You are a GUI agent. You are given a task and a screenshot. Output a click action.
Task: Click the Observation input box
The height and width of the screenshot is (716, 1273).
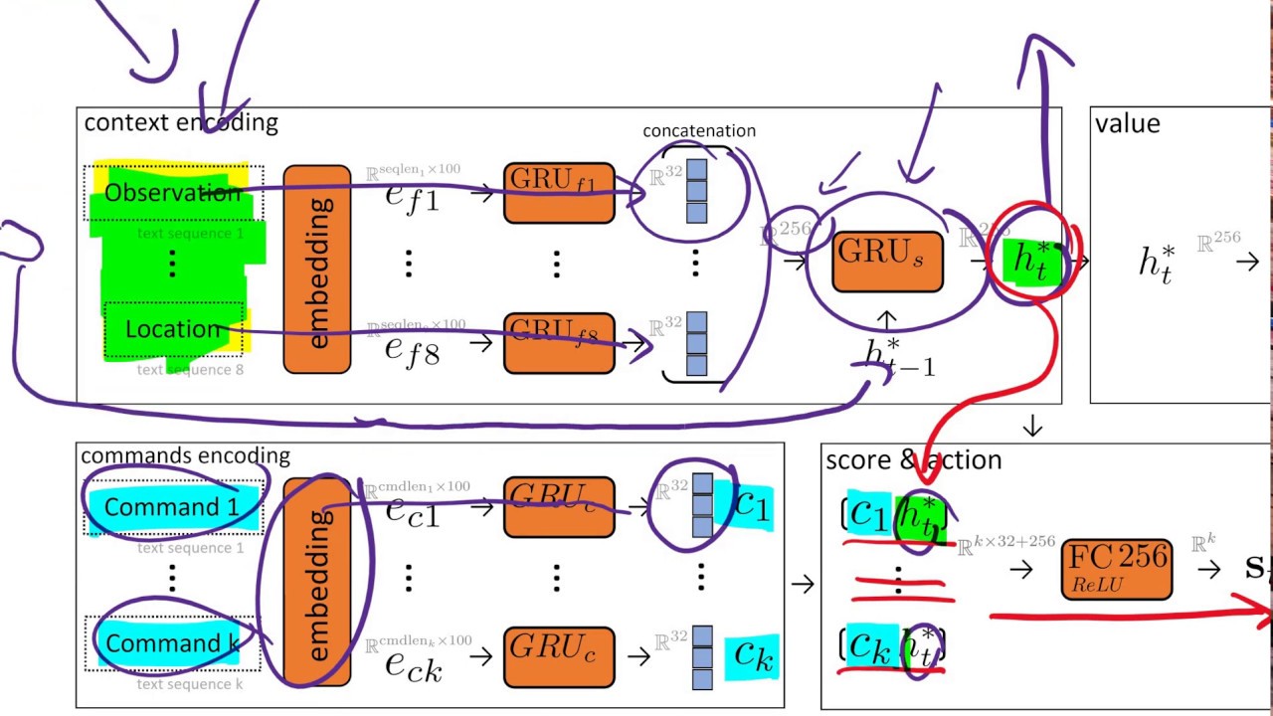tap(173, 192)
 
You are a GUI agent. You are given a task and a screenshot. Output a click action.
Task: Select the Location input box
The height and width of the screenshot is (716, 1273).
tap(173, 329)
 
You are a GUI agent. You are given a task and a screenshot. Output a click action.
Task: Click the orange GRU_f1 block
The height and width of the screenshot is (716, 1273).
tap(559, 193)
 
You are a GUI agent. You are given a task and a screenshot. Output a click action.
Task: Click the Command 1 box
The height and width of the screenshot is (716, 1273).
tap(173, 507)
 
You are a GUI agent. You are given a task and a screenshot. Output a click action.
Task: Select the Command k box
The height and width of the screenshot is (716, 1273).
tap(173, 643)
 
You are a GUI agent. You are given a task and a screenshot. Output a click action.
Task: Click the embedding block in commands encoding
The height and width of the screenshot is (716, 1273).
tap(317, 583)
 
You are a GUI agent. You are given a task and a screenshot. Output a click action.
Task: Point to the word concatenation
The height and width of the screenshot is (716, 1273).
tap(698, 131)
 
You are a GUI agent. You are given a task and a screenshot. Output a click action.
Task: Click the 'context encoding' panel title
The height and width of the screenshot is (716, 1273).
tap(181, 123)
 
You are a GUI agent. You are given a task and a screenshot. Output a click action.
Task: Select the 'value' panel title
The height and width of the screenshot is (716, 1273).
tap(1127, 123)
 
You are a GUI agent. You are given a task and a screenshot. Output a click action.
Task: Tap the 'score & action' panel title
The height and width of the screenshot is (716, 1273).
tap(913, 459)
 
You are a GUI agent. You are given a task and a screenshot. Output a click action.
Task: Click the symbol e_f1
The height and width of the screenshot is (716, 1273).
tap(412, 194)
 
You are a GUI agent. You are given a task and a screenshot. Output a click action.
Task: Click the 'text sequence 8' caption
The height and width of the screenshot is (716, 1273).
tap(190, 370)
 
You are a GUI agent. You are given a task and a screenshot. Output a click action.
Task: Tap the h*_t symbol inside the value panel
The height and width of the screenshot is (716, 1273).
tap(1156, 264)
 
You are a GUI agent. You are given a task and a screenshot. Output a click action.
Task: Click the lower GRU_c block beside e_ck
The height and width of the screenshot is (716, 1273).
tap(559, 657)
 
